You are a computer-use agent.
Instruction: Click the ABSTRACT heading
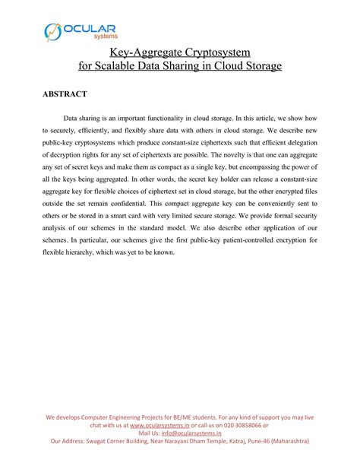[x=64, y=94]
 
